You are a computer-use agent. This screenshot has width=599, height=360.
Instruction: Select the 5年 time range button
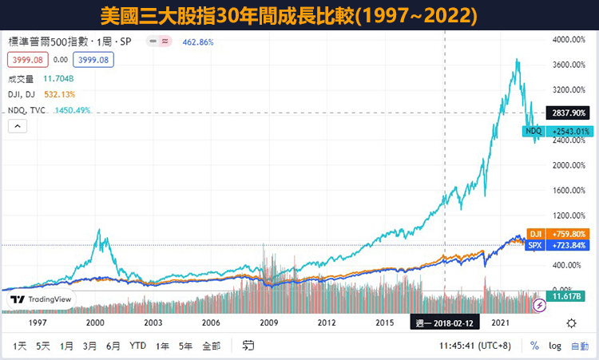(185, 346)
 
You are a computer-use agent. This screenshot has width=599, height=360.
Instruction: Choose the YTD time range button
(137, 346)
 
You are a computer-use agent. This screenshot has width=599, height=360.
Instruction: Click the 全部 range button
(211, 346)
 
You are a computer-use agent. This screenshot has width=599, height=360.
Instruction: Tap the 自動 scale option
(579, 346)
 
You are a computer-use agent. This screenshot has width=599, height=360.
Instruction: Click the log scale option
(556, 346)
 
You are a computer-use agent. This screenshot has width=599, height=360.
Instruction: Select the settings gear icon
(571, 322)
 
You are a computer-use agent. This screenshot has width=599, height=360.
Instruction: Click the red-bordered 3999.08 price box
(27, 59)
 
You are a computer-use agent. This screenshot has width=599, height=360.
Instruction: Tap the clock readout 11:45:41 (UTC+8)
(477, 346)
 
